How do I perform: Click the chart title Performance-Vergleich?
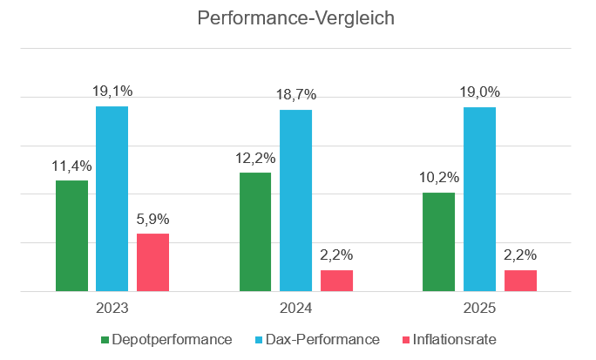click(298, 18)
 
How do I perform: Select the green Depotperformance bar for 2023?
click(71, 235)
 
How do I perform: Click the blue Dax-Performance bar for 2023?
click(112, 199)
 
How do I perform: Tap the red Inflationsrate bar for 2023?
click(153, 262)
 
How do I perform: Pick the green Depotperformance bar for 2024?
click(254, 232)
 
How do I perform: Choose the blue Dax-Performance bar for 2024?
click(295, 200)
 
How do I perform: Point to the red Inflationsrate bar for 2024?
click(336, 281)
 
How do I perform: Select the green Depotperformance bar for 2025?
click(438, 241)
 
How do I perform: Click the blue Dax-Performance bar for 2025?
click(479, 199)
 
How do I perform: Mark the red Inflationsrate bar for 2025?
click(520, 281)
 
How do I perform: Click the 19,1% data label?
click(112, 92)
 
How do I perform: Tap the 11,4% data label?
click(71, 166)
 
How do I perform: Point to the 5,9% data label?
click(153, 219)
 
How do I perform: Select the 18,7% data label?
click(295, 95)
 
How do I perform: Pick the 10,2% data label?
click(438, 178)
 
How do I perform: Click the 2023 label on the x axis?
click(112, 308)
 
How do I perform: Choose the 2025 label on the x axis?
click(479, 308)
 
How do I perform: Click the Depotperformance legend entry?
click(167, 339)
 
